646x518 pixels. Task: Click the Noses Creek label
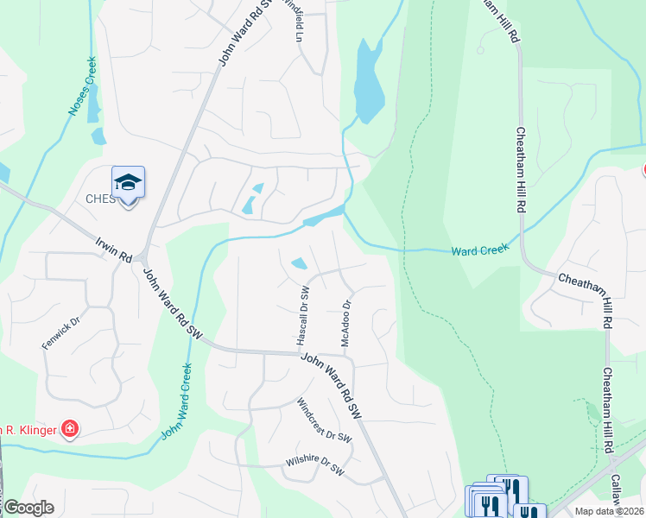click(81, 87)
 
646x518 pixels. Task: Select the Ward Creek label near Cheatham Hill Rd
click(480, 250)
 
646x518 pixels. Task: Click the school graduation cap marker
click(128, 182)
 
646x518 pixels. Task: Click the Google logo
click(28, 508)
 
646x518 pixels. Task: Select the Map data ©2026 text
click(608, 511)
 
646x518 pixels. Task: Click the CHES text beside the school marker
click(99, 199)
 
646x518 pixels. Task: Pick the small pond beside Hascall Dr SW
click(300, 263)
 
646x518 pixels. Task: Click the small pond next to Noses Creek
click(98, 136)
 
